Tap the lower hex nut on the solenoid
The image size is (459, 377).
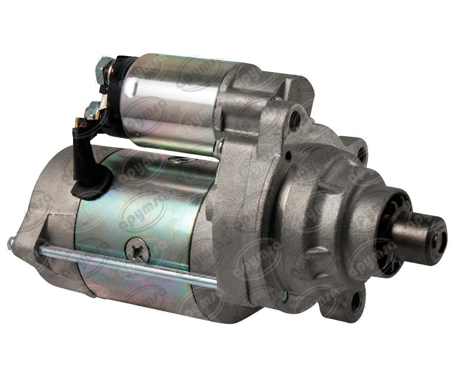[x=95, y=108]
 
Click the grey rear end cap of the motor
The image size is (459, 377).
[x=49, y=215]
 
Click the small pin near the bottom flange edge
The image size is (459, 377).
[x=285, y=295]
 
